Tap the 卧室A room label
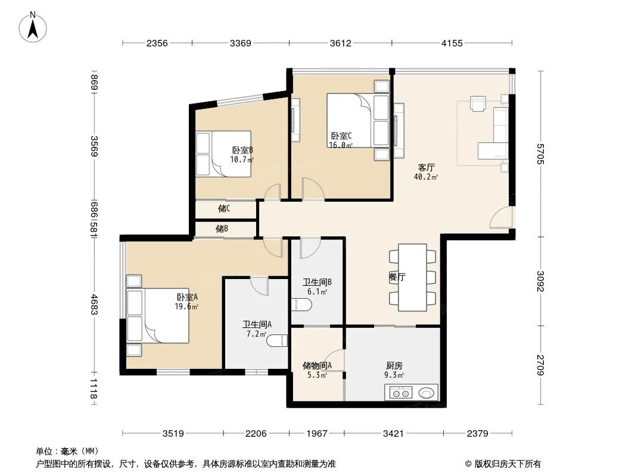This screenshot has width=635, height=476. coord(187,297)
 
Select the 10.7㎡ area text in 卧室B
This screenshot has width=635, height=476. coord(242,159)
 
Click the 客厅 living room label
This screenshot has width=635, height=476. coord(426,167)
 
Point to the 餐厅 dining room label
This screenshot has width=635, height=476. coord(397,277)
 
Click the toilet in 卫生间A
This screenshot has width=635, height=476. coord(277,340)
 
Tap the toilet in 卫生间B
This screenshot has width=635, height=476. coord(301,305)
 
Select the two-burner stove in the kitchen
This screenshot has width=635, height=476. coord(401,392)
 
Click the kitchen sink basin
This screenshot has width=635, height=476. coord(426,393)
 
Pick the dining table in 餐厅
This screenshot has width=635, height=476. coord(412,277)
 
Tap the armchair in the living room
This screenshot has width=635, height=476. coord(478,103)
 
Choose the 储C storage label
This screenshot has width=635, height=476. coord(224,209)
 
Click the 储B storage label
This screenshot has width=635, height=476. coord(222,229)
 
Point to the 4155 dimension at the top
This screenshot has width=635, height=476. coord(452,43)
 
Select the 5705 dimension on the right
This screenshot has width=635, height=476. coord(540,154)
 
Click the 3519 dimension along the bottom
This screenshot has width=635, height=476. coord(173,434)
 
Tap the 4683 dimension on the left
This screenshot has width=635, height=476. coord(94,304)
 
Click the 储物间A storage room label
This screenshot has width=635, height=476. coord(317,365)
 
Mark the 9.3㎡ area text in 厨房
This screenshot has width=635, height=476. coord(394,375)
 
